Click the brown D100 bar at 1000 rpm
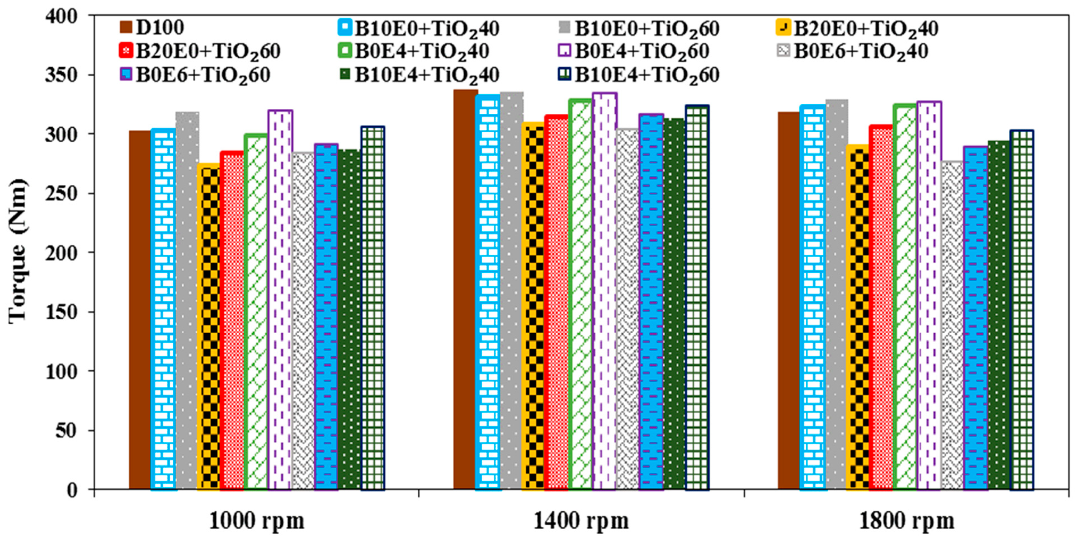(x=140, y=309)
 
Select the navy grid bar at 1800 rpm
(x=1022, y=309)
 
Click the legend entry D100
(x=159, y=28)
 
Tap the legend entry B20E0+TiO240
(x=866, y=29)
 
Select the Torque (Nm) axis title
(x=18, y=251)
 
